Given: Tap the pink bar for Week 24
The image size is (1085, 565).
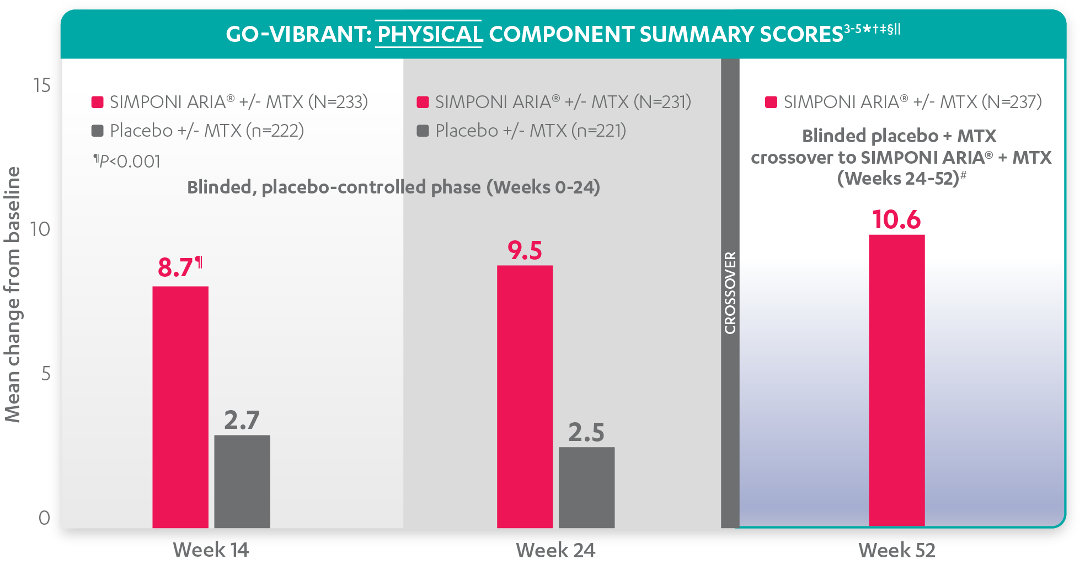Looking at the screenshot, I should (x=525, y=396).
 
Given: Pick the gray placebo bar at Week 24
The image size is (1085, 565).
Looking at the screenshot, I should (x=586, y=487).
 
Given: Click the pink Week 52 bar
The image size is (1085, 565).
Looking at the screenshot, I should (x=896, y=380).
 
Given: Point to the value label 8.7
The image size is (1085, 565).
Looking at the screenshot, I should (x=175, y=268).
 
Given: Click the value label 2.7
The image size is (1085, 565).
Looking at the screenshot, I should (x=242, y=421).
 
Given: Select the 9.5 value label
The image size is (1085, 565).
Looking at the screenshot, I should (x=525, y=251).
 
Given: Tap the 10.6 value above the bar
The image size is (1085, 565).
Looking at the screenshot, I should (x=896, y=220).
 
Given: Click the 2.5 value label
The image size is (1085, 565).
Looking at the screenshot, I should (x=586, y=433).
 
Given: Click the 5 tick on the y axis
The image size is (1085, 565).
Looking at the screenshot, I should (x=46, y=374).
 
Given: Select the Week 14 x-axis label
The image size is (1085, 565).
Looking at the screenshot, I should (x=211, y=550).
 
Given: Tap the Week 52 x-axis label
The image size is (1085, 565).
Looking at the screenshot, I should (x=897, y=550).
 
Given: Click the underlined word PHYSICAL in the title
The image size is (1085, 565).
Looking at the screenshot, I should (x=429, y=35).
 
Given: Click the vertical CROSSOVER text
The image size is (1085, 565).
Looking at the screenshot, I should (x=730, y=293).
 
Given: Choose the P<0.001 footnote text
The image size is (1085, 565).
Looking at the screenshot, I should (x=127, y=162).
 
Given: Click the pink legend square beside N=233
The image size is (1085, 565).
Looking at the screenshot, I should (x=98, y=102).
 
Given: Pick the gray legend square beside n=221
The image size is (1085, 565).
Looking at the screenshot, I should (x=423, y=131).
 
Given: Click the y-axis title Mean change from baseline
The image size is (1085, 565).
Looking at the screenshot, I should (x=13, y=295).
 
